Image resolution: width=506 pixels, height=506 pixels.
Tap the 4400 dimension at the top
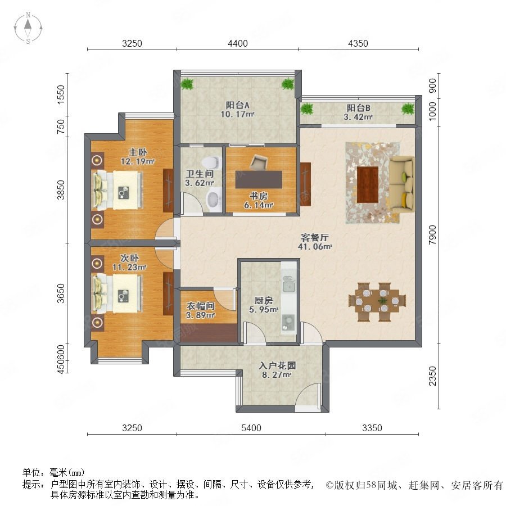pyautogui.click(x=237, y=43)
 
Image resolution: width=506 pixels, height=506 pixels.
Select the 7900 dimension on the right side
pyautogui.click(x=432, y=234)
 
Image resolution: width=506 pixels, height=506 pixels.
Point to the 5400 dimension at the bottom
pyautogui.click(x=251, y=428)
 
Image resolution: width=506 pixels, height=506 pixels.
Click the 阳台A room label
pyautogui.click(x=237, y=105)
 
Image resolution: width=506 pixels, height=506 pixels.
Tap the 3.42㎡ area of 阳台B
pyautogui.click(x=358, y=117)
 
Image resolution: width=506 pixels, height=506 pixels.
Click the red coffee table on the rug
pyautogui.click(x=368, y=184)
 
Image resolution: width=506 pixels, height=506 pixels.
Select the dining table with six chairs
pyautogui.click(x=377, y=302)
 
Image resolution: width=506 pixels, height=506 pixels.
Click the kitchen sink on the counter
pyautogui.click(x=289, y=286)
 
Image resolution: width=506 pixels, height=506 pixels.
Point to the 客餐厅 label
pyautogui.click(x=314, y=237)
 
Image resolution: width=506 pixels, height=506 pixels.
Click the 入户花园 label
pyautogui.click(x=277, y=365)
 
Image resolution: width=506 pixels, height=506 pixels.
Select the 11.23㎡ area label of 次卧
pyautogui.click(x=129, y=267)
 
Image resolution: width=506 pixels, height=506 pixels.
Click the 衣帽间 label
pyautogui.click(x=200, y=306)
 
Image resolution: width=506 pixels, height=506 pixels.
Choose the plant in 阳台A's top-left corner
pyautogui.click(x=187, y=84)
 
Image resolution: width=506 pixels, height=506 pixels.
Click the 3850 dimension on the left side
pyautogui.click(x=61, y=190)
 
